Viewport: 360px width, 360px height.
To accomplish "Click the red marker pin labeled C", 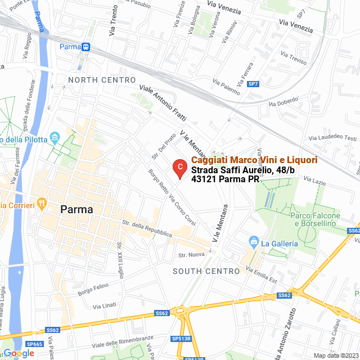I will (179, 168).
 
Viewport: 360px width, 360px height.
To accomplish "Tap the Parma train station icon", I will (85, 47).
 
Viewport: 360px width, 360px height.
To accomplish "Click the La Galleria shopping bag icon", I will (254, 242).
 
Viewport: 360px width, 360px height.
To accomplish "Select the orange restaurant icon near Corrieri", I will (41, 202).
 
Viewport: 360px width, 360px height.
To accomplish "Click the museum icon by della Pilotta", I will (55, 137).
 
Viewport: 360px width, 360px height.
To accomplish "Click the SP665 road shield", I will (34, 344).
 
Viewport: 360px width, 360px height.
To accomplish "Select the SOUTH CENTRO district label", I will (206, 271).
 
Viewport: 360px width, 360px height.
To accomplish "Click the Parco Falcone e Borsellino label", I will (315, 219).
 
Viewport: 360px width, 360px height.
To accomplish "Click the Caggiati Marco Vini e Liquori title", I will (254, 160).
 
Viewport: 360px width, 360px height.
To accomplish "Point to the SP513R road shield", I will (182, 339).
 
